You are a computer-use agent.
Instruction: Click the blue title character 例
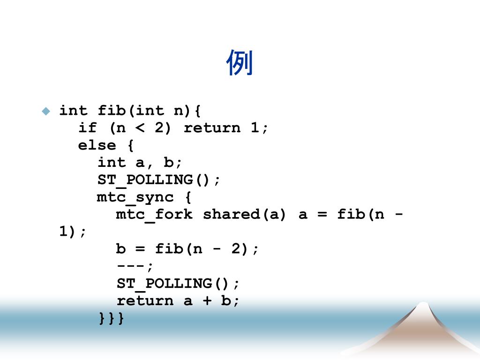[240, 63]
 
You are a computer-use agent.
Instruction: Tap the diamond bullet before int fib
[45, 111]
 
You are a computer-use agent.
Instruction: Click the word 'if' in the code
[87, 128]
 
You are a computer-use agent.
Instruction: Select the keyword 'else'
[97, 145]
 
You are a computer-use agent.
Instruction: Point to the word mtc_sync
[135, 197]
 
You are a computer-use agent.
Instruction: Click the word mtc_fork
[154, 215]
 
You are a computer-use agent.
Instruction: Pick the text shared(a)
[244, 215]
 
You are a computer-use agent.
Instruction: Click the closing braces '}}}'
[112, 318]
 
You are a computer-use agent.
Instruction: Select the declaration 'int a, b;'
[140, 163]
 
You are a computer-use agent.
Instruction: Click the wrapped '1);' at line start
[73, 232]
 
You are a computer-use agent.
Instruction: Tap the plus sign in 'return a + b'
[207, 301]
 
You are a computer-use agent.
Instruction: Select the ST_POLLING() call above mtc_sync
[158, 180]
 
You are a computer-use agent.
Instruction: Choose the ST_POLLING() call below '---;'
[178, 284]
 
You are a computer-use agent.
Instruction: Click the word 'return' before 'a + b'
[145, 301]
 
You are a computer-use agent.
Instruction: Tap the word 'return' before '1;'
[212, 128]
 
